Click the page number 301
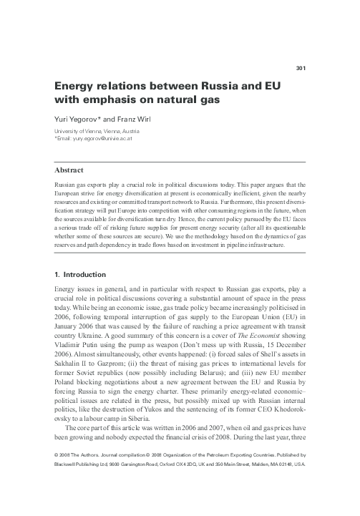[x=301, y=69]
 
